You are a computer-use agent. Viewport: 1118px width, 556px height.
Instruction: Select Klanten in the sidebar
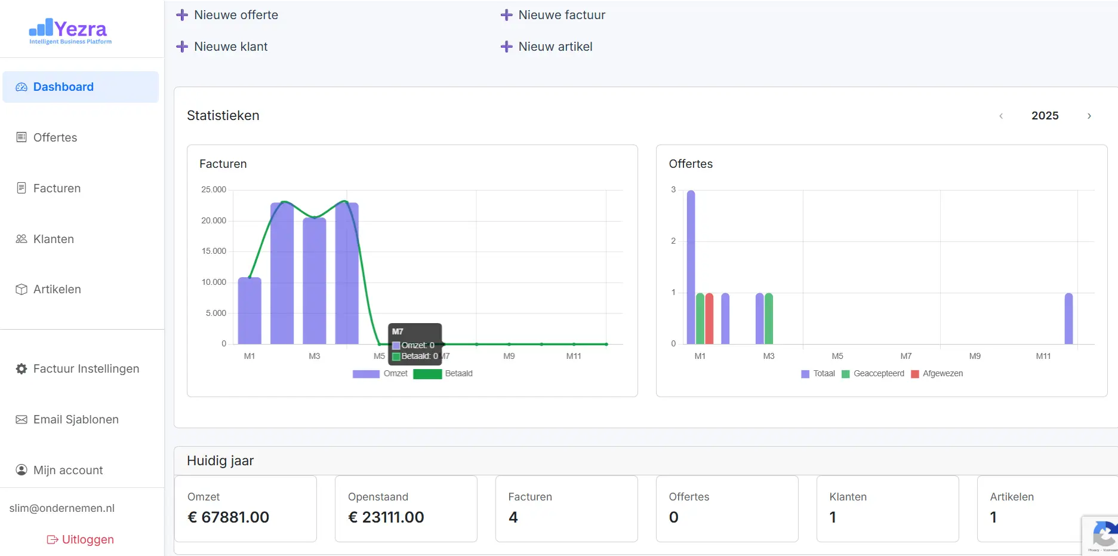click(x=53, y=239)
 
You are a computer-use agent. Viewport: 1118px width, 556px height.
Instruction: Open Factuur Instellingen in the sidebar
click(x=86, y=369)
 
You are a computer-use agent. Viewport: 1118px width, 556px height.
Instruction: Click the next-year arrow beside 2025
click(x=1089, y=116)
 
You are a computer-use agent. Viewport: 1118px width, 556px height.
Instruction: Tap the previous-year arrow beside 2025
click(x=1001, y=116)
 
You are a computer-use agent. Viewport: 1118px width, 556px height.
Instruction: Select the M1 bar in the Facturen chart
click(x=250, y=311)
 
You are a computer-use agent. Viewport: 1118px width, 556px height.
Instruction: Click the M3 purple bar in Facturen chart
click(x=315, y=281)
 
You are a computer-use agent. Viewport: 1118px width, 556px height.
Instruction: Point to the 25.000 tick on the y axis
click(x=214, y=190)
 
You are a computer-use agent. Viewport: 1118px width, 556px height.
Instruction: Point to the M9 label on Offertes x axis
click(x=975, y=356)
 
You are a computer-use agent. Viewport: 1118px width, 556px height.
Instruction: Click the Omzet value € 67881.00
click(x=229, y=517)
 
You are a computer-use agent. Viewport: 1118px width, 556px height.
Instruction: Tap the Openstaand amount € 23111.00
click(x=386, y=517)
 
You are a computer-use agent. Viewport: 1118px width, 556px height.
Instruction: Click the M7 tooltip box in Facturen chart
click(x=415, y=344)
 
